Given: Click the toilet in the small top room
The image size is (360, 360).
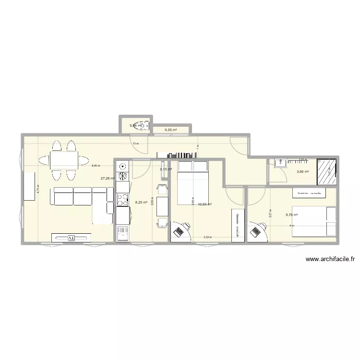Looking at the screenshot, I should (x=142, y=126).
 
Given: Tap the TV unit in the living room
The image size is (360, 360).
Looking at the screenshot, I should (x=72, y=237).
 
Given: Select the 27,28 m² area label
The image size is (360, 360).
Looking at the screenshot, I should (x=107, y=178).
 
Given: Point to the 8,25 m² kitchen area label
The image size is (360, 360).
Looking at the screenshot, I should (x=141, y=203).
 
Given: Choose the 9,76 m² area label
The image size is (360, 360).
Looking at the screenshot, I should (x=292, y=215).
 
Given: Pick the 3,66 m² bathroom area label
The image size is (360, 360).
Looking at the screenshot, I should (x=302, y=172).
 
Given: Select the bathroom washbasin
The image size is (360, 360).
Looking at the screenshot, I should (x=279, y=163).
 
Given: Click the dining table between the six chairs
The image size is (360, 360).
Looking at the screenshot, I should (x=64, y=158).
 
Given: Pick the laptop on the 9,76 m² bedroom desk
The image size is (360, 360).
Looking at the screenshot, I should (x=254, y=232).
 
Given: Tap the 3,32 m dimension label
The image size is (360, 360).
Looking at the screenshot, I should (x=207, y=237).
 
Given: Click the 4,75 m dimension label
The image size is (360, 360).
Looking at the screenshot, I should (x=38, y=189).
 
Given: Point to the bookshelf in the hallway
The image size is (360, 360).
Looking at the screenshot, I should (x=177, y=155).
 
